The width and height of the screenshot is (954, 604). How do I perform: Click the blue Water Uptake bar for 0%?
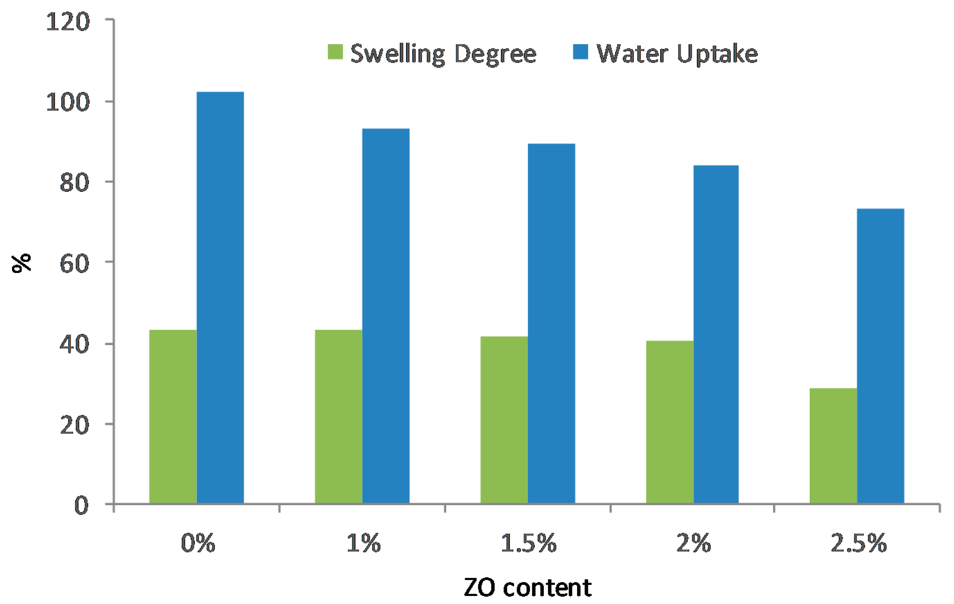point(220,298)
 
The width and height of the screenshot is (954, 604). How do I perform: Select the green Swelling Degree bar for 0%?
point(173,416)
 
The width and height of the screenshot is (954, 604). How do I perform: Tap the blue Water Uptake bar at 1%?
point(386,316)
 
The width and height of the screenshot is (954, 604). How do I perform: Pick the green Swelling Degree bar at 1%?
point(339,416)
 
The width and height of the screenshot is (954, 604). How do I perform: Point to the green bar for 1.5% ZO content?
point(504,420)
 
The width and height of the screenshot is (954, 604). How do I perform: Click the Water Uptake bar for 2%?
point(716,334)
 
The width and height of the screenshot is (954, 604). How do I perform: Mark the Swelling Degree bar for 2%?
point(670,422)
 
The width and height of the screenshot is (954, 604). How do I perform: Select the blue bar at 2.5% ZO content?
point(881,356)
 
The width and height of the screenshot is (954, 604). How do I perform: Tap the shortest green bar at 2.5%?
point(833,446)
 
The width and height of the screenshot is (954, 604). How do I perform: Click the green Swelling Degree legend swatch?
point(335,51)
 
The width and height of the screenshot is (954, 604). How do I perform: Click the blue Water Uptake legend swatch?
point(580,51)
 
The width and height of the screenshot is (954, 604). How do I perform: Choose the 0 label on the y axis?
point(82,505)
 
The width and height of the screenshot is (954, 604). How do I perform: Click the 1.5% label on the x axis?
point(529,543)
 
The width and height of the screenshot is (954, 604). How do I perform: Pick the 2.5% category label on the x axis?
point(858,543)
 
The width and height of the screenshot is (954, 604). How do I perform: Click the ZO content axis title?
point(528,588)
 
